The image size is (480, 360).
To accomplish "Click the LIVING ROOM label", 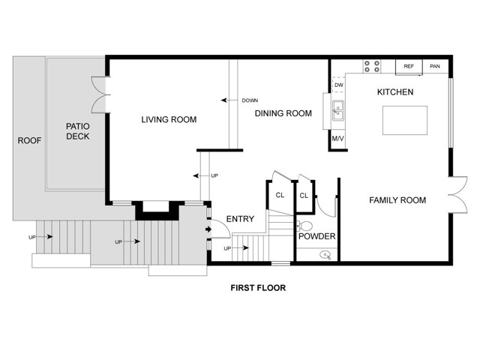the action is (x=169, y=119).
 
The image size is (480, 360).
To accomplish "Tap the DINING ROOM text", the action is (x=283, y=113).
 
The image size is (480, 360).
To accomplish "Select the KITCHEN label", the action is (x=395, y=91).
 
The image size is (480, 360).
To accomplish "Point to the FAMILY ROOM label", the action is (x=397, y=200).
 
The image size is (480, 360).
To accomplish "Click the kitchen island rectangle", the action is (x=405, y=120).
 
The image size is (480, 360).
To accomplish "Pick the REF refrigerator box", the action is (x=409, y=67).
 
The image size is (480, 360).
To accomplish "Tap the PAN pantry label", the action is (x=435, y=66).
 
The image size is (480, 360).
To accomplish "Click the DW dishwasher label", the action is (x=339, y=85).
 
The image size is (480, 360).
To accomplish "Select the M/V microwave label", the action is (x=337, y=139).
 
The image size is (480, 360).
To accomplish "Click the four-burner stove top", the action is (x=372, y=67).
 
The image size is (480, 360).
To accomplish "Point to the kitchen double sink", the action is (x=338, y=111).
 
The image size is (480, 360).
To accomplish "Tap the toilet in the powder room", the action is (x=304, y=226).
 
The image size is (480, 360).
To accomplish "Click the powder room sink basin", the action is (x=325, y=255).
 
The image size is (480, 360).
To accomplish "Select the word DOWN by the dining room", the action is (x=250, y=100).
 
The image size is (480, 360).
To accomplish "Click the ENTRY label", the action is (x=240, y=219).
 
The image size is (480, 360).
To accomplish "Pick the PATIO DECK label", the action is (x=78, y=131).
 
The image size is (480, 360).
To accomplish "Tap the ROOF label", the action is (x=29, y=140).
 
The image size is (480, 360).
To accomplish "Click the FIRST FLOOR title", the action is (x=258, y=288).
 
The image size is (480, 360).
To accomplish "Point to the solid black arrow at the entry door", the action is (x=208, y=229).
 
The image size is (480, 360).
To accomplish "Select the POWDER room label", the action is (x=316, y=236).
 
